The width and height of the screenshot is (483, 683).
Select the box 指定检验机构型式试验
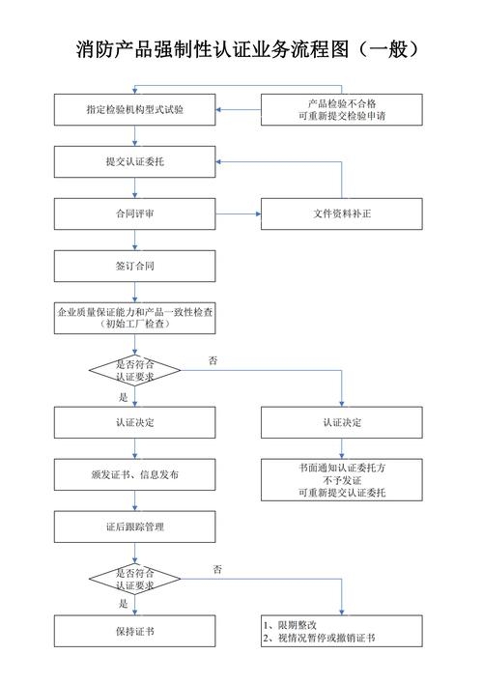coord(134,110)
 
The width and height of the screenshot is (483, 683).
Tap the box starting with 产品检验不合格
coord(341,110)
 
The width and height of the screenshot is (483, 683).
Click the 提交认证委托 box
coord(134,161)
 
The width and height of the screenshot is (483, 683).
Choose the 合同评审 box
coord(134,213)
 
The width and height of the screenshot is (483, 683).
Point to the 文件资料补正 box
coord(341,213)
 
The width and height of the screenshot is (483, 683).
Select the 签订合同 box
coord(134,266)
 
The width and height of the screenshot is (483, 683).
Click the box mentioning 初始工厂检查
coord(134,318)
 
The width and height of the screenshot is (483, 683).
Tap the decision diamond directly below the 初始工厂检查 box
coord(134,370)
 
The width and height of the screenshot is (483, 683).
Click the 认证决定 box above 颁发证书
coord(134,423)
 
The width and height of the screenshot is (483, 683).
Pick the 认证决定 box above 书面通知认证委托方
coord(341,423)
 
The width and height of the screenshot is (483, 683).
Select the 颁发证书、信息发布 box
coord(134,475)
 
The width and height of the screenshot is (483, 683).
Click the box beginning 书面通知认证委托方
coord(341,479)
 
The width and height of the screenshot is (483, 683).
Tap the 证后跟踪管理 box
coord(134,527)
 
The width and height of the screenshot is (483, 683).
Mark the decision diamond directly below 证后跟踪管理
coord(134,579)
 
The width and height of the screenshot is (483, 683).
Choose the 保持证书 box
coord(134,632)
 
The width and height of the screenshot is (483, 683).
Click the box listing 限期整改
coord(341,632)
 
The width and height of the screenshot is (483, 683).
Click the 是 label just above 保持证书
coord(124,604)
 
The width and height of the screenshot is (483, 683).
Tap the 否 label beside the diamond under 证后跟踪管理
coord(217,570)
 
